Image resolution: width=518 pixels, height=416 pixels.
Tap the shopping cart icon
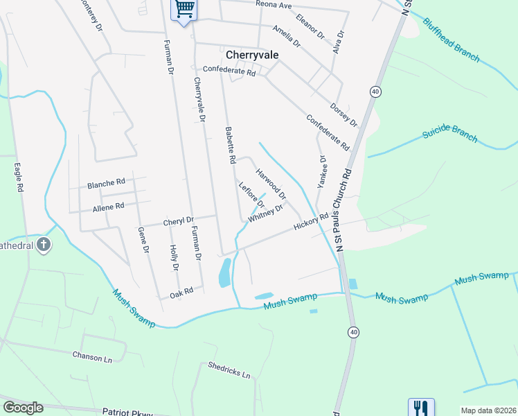tap(184, 8)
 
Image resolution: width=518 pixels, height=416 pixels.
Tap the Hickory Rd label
tap(310, 222)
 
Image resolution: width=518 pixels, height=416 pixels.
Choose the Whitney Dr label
tap(265, 213)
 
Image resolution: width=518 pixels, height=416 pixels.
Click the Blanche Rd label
tap(106, 183)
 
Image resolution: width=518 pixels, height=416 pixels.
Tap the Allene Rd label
tap(108, 207)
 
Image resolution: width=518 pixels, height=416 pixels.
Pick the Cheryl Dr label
tap(179, 222)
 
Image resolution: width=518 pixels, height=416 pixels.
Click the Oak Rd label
tap(181, 294)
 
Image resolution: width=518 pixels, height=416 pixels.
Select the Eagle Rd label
tap(19, 177)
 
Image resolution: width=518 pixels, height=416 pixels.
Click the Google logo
tap(24, 408)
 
